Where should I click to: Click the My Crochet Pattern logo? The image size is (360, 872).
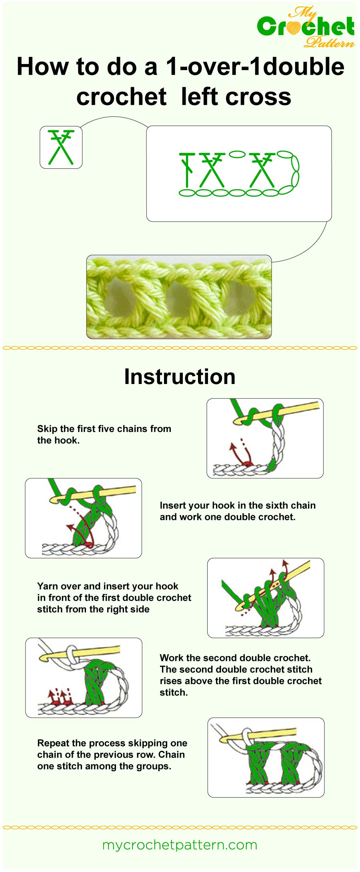(x=306, y=27)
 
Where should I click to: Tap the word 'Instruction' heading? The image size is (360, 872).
(x=180, y=377)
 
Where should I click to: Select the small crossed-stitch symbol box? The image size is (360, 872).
(x=61, y=147)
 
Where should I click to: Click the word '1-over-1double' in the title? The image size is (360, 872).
(x=255, y=67)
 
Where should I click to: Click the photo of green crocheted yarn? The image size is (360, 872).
(x=179, y=297)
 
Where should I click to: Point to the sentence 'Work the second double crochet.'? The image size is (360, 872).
(x=235, y=658)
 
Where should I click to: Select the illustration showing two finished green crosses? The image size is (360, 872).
(x=266, y=757)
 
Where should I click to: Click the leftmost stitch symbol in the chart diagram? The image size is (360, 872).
(x=187, y=170)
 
